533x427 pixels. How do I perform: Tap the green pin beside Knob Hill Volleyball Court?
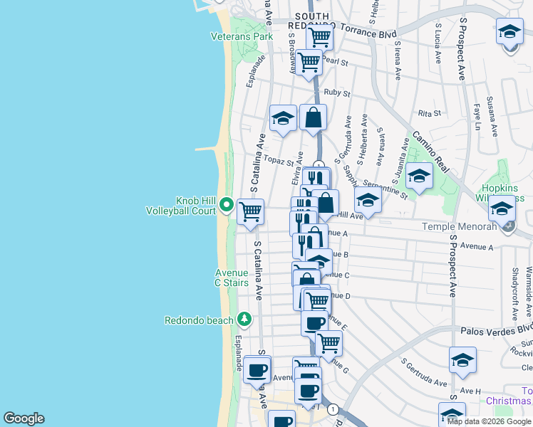coord(227,205)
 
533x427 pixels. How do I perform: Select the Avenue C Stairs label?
coord(232,278)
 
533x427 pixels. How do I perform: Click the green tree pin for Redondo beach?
coord(244,318)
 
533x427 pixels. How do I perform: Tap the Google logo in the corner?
coord(24,418)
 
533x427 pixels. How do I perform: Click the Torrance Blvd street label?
coord(368,33)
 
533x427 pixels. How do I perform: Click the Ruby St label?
coord(337,93)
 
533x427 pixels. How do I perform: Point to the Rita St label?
coord(430,113)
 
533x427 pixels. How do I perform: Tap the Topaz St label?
coord(279,161)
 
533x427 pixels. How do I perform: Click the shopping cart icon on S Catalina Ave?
coord(250,211)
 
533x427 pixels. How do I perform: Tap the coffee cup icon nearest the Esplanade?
coord(257,369)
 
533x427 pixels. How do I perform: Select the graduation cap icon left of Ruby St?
coord(283,118)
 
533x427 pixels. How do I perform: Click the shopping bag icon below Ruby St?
coord(313,117)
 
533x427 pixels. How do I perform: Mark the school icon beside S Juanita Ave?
coord(419,176)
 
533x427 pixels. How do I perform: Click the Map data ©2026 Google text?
coord(489,421)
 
